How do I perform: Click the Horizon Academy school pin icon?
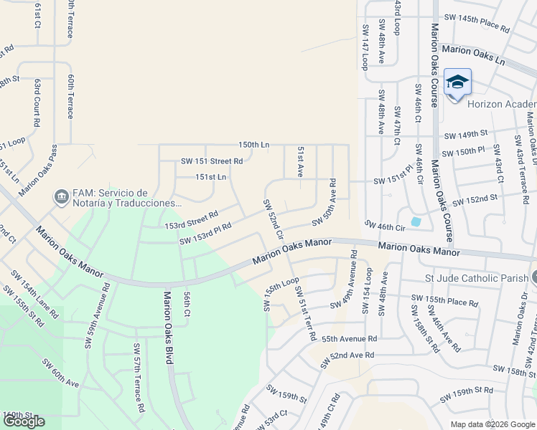tap(457, 83)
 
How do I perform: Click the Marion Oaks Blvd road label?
tap(168, 327)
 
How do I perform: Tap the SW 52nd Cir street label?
tap(273, 219)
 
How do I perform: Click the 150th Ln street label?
tap(254, 145)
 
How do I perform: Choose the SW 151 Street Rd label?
tap(212, 161)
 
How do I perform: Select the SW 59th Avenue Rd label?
tap(98, 315)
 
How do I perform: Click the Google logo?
tap(24, 421)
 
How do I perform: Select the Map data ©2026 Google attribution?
tap(492, 424)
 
